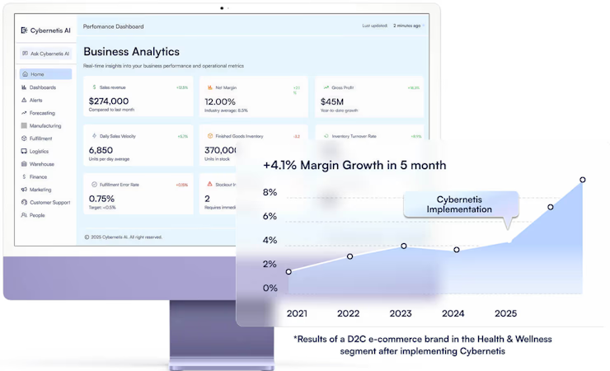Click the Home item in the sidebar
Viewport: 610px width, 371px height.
pyautogui.click(x=38, y=74)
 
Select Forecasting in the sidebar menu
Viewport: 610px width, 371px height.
pyautogui.click(x=42, y=113)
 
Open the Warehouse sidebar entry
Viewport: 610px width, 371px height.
pyautogui.click(x=42, y=164)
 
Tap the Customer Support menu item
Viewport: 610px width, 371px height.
pyautogui.click(x=49, y=202)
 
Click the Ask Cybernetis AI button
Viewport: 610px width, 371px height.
pyautogui.click(x=46, y=54)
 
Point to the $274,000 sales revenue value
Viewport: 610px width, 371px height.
pyautogui.click(x=109, y=101)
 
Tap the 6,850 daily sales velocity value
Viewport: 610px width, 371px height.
pyautogui.click(x=101, y=150)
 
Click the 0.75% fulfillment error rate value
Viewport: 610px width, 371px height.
pyautogui.click(x=101, y=199)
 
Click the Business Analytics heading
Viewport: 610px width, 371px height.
pyautogui.click(x=131, y=51)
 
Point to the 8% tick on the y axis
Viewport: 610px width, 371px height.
pyautogui.click(x=270, y=193)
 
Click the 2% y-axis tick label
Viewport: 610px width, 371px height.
pyautogui.click(x=270, y=264)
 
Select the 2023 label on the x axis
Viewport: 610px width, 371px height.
pyautogui.click(x=401, y=313)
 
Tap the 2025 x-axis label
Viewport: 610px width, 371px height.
pyautogui.click(x=505, y=313)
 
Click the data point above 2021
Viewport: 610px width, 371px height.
pyautogui.click(x=289, y=271)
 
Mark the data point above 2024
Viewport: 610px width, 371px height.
pyautogui.click(x=457, y=249)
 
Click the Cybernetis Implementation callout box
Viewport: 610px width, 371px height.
pyautogui.click(x=459, y=204)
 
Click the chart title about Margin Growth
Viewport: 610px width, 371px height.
pyautogui.click(x=354, y=165)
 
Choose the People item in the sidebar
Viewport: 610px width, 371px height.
pyautogui.click(x=37, y=215)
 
